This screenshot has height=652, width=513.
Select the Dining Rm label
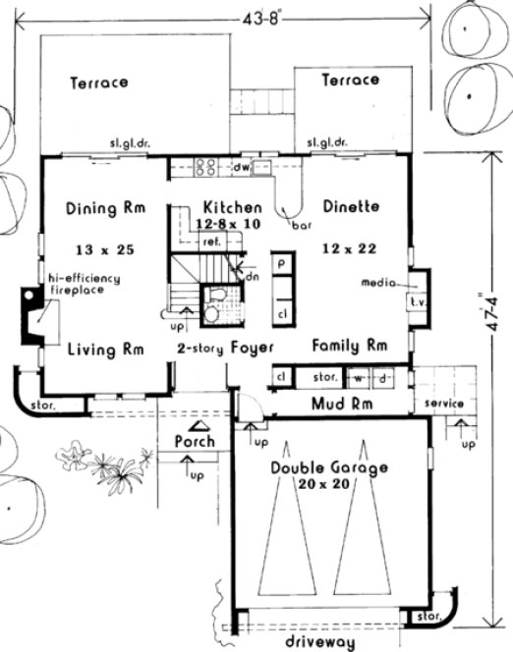tap(106, 208)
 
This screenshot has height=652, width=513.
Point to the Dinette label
tap(351, 207)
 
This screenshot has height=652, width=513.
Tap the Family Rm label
tap(349, 346)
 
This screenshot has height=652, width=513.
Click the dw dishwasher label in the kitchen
tap(239, 169)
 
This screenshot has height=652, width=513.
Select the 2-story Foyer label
tap(225, 349)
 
